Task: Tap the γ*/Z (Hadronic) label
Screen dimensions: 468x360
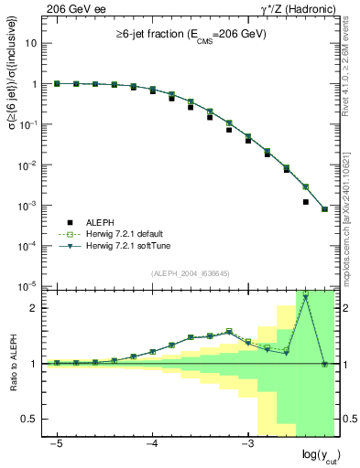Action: (x=297, y=8)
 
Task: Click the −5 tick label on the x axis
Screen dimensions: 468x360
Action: (x=57, y=442)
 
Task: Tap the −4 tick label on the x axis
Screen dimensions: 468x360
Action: (x=152, y=442)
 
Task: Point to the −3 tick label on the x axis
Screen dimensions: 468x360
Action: (x=247, y=442)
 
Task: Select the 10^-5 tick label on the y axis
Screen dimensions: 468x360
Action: (x=29, y=287)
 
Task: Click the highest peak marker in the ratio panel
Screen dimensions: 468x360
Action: (x=305, y=297)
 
